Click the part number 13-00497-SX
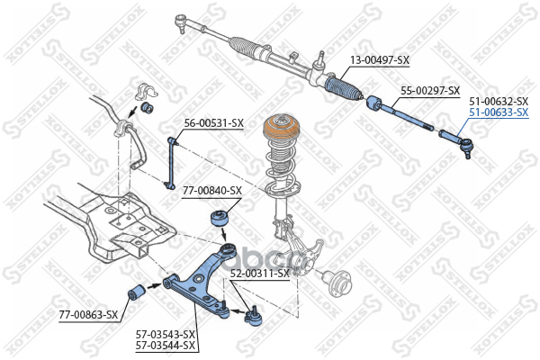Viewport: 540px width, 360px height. (379, 60)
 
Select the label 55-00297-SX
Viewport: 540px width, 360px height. (429, 91)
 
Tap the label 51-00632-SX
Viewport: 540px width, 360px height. (498, 101)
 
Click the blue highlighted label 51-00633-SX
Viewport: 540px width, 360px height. (498, 112)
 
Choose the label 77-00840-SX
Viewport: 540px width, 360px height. (212, 191)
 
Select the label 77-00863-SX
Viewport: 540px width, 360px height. (88, 314)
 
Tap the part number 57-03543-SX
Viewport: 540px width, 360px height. (166, 335)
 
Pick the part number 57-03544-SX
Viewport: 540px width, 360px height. (166, 346)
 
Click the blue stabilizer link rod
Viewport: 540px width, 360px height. (172, 160)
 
